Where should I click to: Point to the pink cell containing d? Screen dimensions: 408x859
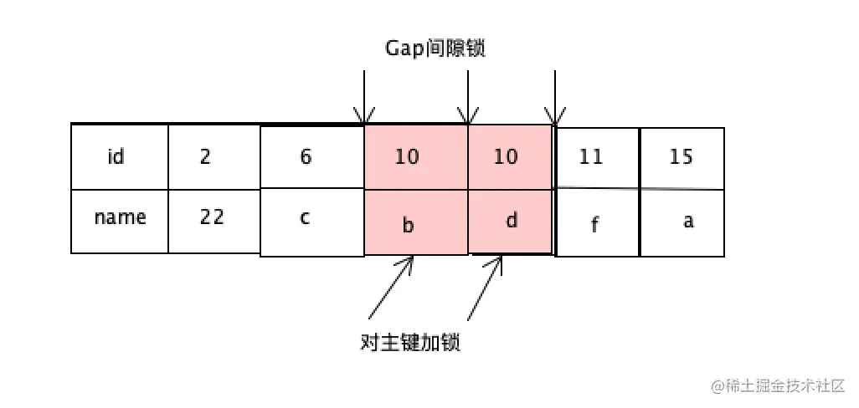(x=510, y=222)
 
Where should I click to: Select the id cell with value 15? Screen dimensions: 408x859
(x=682, y=157)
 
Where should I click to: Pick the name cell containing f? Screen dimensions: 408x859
(x=597, y=224)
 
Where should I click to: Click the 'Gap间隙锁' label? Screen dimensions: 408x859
(x=435, y=48)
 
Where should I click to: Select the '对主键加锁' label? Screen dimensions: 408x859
(x=410, y=344)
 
